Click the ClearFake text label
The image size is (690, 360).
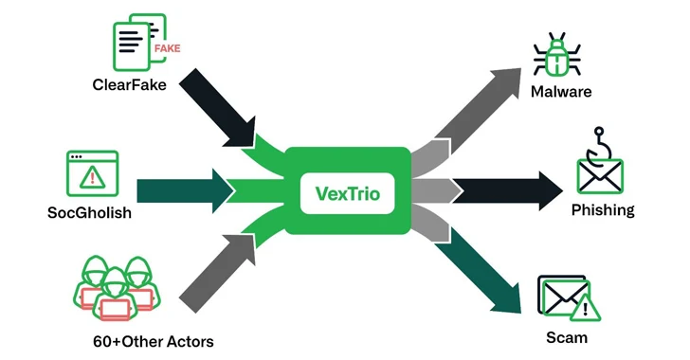pos(130,84)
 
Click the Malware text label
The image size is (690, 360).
pos(561,92)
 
